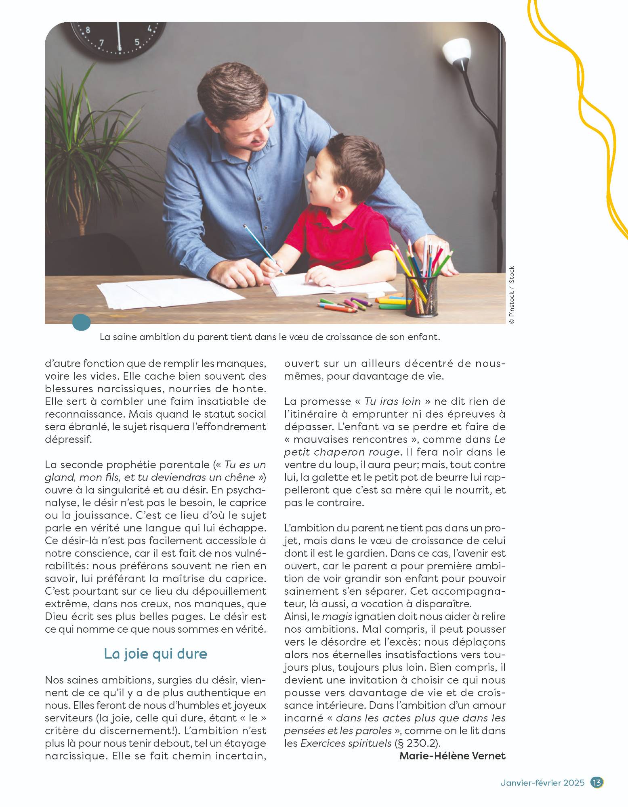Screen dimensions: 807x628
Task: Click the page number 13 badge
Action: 596,782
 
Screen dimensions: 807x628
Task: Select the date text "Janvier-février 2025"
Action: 542,783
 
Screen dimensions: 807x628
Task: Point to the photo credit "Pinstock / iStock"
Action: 512,295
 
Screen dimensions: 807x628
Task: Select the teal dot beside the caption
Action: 82,323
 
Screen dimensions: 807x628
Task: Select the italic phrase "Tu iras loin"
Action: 393,401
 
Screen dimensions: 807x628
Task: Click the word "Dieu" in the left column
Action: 56,617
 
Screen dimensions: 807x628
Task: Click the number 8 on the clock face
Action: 88,29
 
